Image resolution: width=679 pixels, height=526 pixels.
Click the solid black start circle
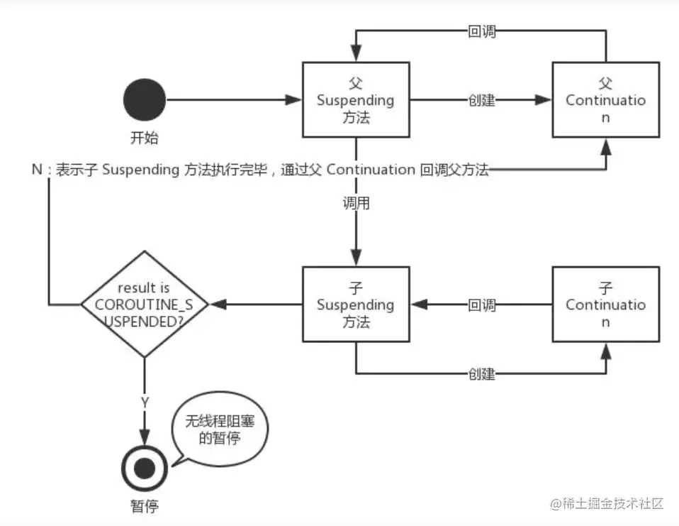click(x=145, y=100)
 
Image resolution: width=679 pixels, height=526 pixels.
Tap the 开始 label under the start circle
click(x=145, y=138)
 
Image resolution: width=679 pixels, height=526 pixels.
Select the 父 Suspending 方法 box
click(x=355, y=100)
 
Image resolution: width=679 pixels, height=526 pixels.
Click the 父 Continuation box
click(x=606, y=100)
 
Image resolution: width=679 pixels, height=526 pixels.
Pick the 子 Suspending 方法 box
click(x=355, y=305)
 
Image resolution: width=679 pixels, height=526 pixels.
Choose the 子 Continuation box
click(x=606, y=305)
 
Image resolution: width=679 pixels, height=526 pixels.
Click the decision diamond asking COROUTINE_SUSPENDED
click(x=145, y=305)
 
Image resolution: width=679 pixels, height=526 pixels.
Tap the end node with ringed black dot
click(x=145, y=467)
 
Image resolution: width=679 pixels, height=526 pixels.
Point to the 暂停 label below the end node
click(x=145, y=506)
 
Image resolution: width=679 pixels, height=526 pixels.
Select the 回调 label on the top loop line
click(x=482, y=31)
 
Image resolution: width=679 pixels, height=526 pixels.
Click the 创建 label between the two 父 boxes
click(x=482, y=100)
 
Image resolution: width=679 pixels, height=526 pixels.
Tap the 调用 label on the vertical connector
click(x=356, y=204)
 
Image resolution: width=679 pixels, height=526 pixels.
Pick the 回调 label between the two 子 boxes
click(x=482, y=305)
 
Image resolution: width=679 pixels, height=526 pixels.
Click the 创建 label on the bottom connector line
click(x=482, y=373)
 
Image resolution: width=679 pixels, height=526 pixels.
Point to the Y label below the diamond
click(x=145, y=402)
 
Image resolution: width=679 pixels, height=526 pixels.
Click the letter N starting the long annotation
click(x=37, y=170)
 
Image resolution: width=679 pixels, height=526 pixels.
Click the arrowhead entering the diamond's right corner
click(x=218, y=305)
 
